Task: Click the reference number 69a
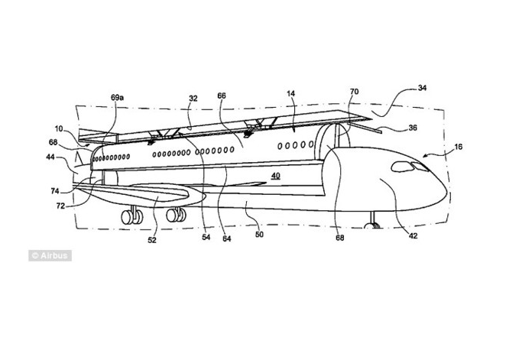(117, 99)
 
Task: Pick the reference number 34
(422, 88)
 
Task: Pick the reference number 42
(413, 236)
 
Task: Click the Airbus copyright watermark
(50, 255)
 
